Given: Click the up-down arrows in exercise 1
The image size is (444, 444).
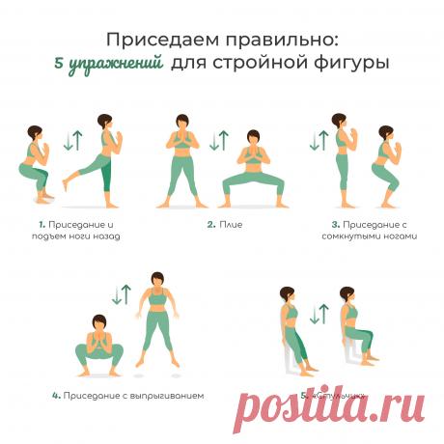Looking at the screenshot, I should [x=69, y=141].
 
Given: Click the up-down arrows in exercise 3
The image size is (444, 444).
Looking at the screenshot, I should [x=317, y=141].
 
